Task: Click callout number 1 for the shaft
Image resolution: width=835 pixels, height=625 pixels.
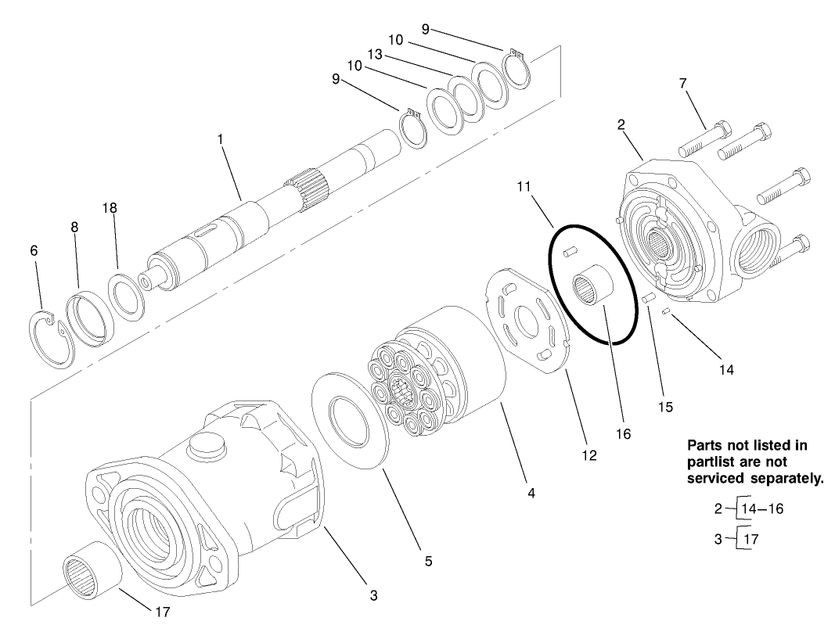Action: (221, 138)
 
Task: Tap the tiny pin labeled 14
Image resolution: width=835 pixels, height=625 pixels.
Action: (664, 312)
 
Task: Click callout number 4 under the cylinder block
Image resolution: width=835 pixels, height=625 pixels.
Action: (531, 494)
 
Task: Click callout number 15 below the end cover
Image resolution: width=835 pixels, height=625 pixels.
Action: (664, 407)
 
